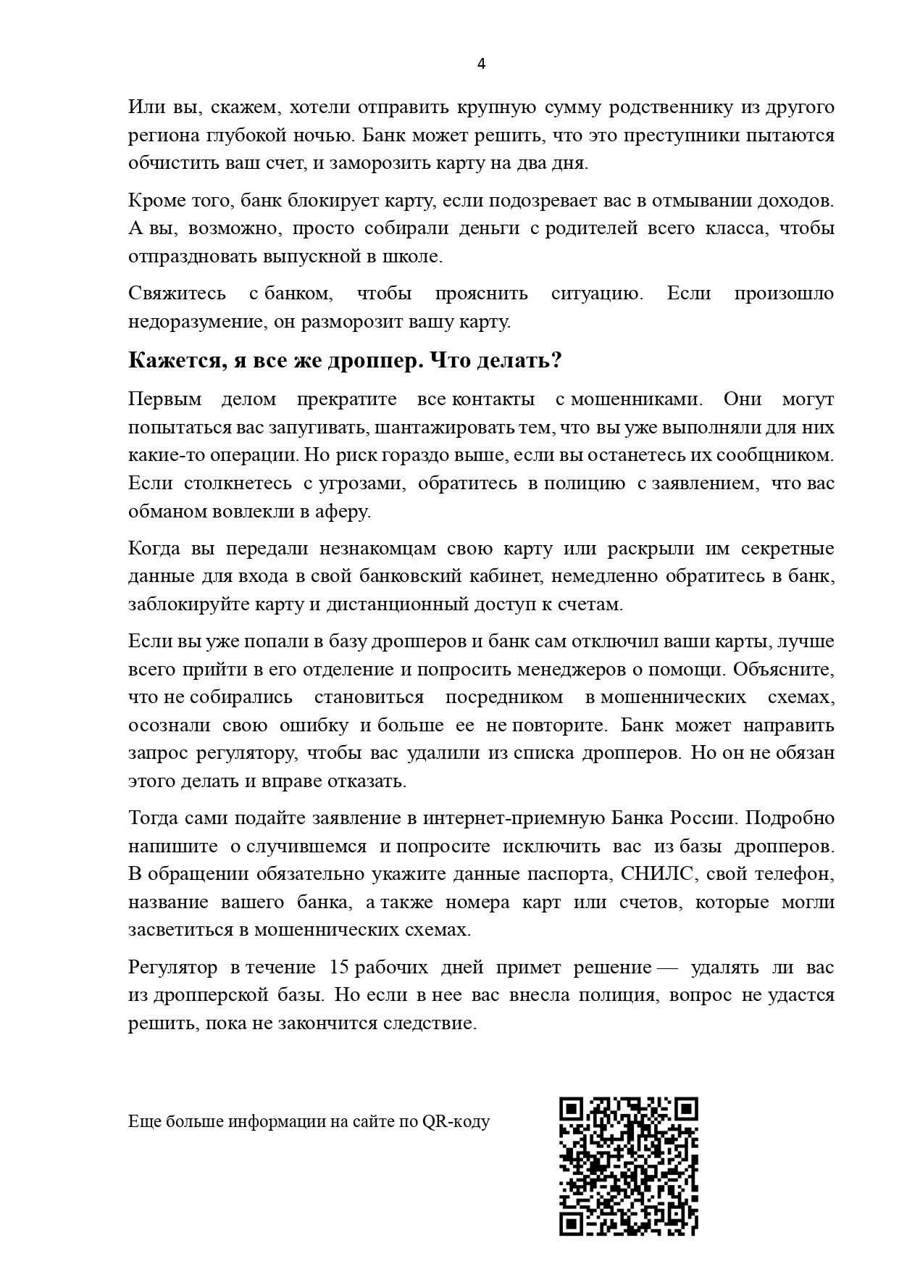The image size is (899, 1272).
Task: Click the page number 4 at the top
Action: [482, 64]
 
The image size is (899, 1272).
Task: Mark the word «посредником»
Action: [504, 697]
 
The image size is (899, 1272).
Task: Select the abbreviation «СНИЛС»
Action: [658, 874]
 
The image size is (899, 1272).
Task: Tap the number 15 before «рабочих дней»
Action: [340, 968]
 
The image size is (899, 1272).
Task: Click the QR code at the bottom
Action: [629, 1166]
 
